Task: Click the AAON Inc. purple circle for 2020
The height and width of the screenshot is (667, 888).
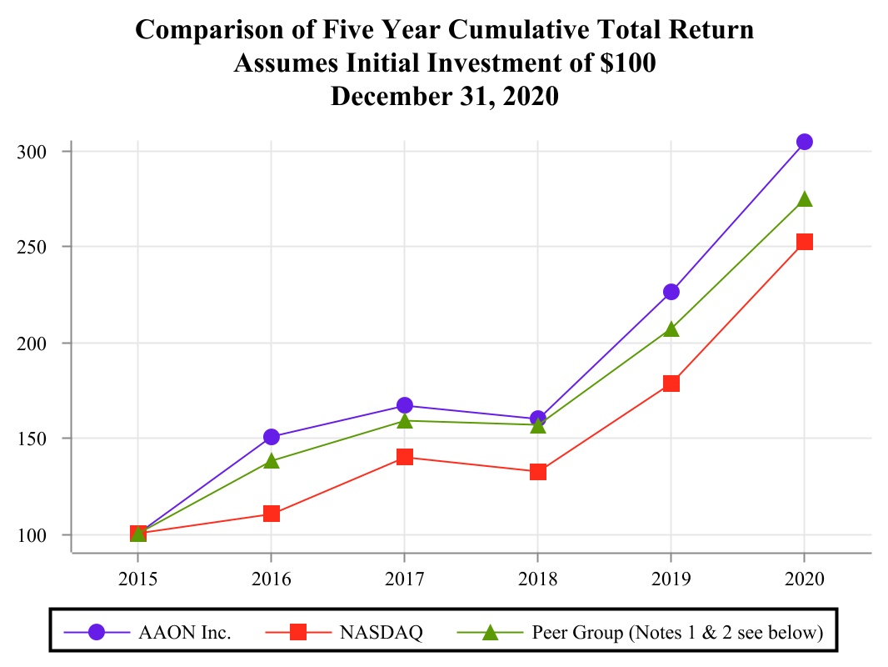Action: click(x=804, y=142)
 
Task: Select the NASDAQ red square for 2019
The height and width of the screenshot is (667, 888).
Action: click(x=671, y=384)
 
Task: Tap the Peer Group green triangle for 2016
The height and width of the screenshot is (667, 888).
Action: click(x=272, y=460)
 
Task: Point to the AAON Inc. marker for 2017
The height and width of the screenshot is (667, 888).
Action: click(x=405, y=405)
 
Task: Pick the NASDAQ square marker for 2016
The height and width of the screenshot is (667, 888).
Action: click(x=272, y=514)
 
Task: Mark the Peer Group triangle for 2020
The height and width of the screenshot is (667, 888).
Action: click(x=804, y=199)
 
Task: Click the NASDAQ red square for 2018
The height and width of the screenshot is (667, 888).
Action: click(x=538, y=472)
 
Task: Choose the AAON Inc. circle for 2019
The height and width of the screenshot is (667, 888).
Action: click(x=671, y=292)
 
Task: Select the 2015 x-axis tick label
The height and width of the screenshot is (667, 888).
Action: click(x=138, y=578)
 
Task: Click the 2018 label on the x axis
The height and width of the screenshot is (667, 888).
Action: click(x=538, y=578)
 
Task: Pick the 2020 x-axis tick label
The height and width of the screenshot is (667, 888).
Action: click(x=804, y=578)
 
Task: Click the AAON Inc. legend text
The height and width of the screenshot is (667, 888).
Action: click(x=184, y=633)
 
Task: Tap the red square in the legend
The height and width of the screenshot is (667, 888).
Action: click(x=297, y=633)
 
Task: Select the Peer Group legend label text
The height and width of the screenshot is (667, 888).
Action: click(x=677, y=633)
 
